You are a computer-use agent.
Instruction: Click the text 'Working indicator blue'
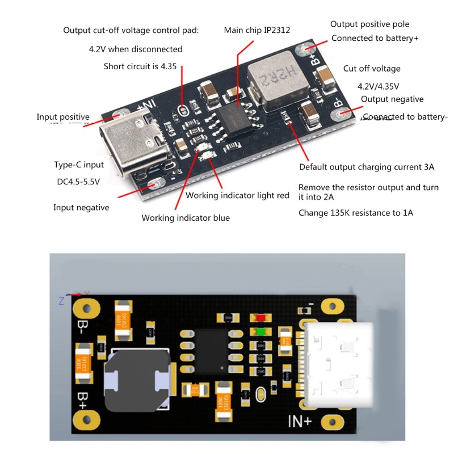click(186, 218)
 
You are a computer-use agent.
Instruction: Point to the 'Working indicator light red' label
click(237, 196)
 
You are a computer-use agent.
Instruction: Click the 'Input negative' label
click(81, 208)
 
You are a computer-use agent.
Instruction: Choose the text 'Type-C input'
click(79, 165)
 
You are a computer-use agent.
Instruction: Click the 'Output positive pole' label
click(369, 24)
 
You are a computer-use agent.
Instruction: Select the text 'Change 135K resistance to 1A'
click(356, 213)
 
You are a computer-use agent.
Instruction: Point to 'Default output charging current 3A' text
click(367, 167)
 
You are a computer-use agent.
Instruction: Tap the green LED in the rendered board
click(261, 332)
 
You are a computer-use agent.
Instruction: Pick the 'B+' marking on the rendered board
click(83, 397)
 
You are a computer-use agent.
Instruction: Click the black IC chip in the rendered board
click(212, 352)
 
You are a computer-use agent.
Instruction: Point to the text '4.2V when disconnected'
click(136, 49)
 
